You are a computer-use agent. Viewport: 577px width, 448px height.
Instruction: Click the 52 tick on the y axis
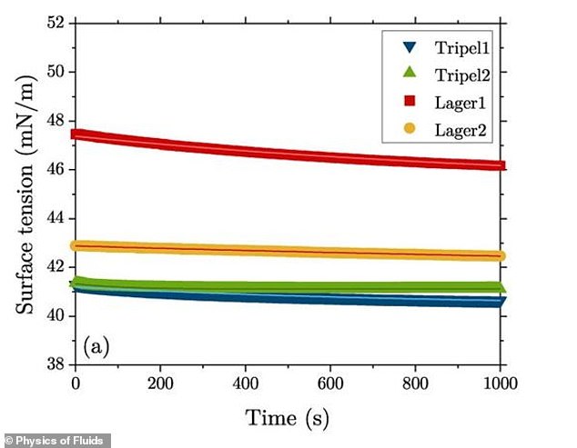point(56,23)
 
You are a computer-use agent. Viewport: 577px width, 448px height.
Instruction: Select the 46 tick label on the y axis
point(56,169)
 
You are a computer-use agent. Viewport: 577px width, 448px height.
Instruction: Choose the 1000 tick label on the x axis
point(501,383)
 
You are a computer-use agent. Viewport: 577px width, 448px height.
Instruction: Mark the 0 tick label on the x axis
point(76,383)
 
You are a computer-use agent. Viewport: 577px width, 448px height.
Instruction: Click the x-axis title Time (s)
point(288,418)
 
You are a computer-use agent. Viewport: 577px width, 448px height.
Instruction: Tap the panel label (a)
point(98,346)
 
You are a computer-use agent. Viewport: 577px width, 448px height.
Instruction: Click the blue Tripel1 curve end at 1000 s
point(498,301)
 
